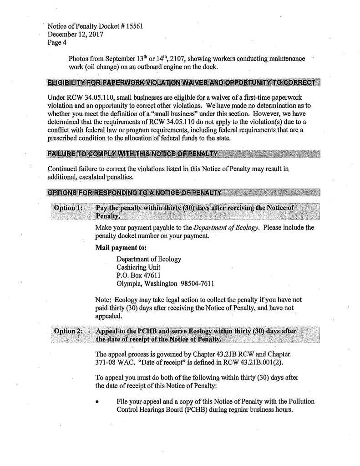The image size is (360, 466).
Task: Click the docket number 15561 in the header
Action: point(135,26)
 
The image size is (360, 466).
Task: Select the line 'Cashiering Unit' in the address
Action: point(138,267)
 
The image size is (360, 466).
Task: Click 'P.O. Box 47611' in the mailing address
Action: point(138,276)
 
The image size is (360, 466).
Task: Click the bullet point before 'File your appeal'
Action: point(98,401)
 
